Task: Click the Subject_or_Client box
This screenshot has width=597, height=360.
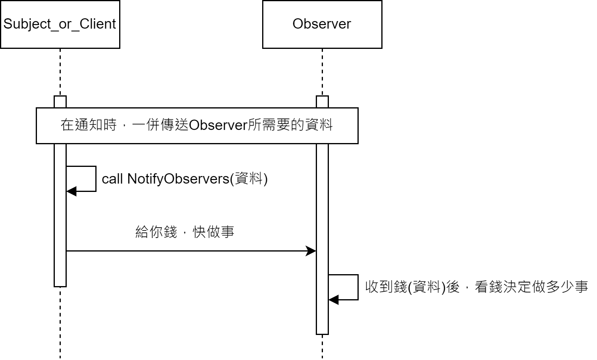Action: point(60,24)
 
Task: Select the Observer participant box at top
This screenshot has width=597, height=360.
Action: point(322,24)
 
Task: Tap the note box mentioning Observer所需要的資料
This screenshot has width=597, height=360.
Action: point(197,126)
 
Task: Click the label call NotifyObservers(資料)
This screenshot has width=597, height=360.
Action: point(185,179)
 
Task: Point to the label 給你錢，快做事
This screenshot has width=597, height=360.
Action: point(185,232)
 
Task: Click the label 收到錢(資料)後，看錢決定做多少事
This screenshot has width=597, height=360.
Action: point(476,286)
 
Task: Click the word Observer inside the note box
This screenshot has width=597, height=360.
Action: point(218,126)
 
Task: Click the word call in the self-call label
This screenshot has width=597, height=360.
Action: point(112,179)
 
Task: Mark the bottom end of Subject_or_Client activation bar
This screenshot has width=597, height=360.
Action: point(60,286)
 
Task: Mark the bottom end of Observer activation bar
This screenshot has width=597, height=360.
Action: point(322,334)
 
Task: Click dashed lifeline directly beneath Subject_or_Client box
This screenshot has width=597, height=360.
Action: point(60,72)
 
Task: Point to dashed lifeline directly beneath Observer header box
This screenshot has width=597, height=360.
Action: point(322,72)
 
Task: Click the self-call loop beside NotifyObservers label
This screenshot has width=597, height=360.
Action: point(96,179)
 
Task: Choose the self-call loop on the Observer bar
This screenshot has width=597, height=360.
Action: point(358,287)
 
